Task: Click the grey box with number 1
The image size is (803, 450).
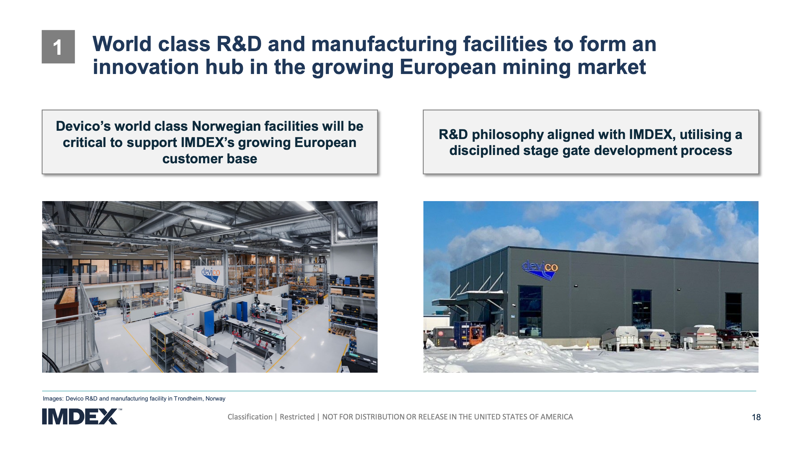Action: [58, 47]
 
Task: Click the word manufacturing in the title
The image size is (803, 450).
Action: [384, 44]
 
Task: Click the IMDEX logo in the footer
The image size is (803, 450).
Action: [80, 416]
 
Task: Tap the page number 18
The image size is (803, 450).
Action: [756, 417]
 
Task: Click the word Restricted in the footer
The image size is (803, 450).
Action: [297, 417]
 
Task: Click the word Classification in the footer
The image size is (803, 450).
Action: [250, 417]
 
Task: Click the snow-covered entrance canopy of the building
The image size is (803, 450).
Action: [468, 298]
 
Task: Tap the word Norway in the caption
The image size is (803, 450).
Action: [215, 399]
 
